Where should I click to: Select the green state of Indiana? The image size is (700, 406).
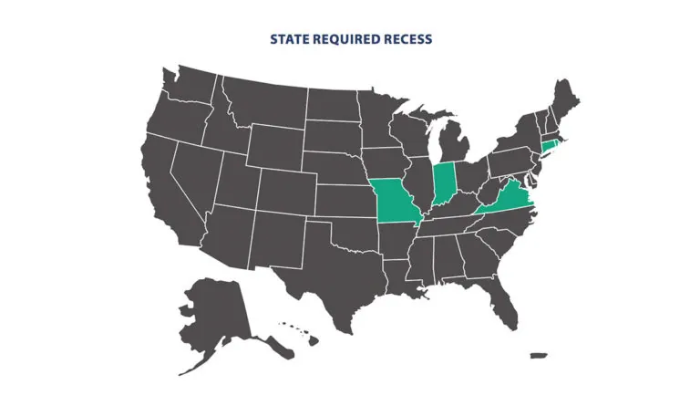(x=444, y=183)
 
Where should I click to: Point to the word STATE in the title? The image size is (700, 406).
(x=290, y=39)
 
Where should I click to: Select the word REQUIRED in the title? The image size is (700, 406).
(x=345, y=39)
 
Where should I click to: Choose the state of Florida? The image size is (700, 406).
(x=500, y=291)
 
